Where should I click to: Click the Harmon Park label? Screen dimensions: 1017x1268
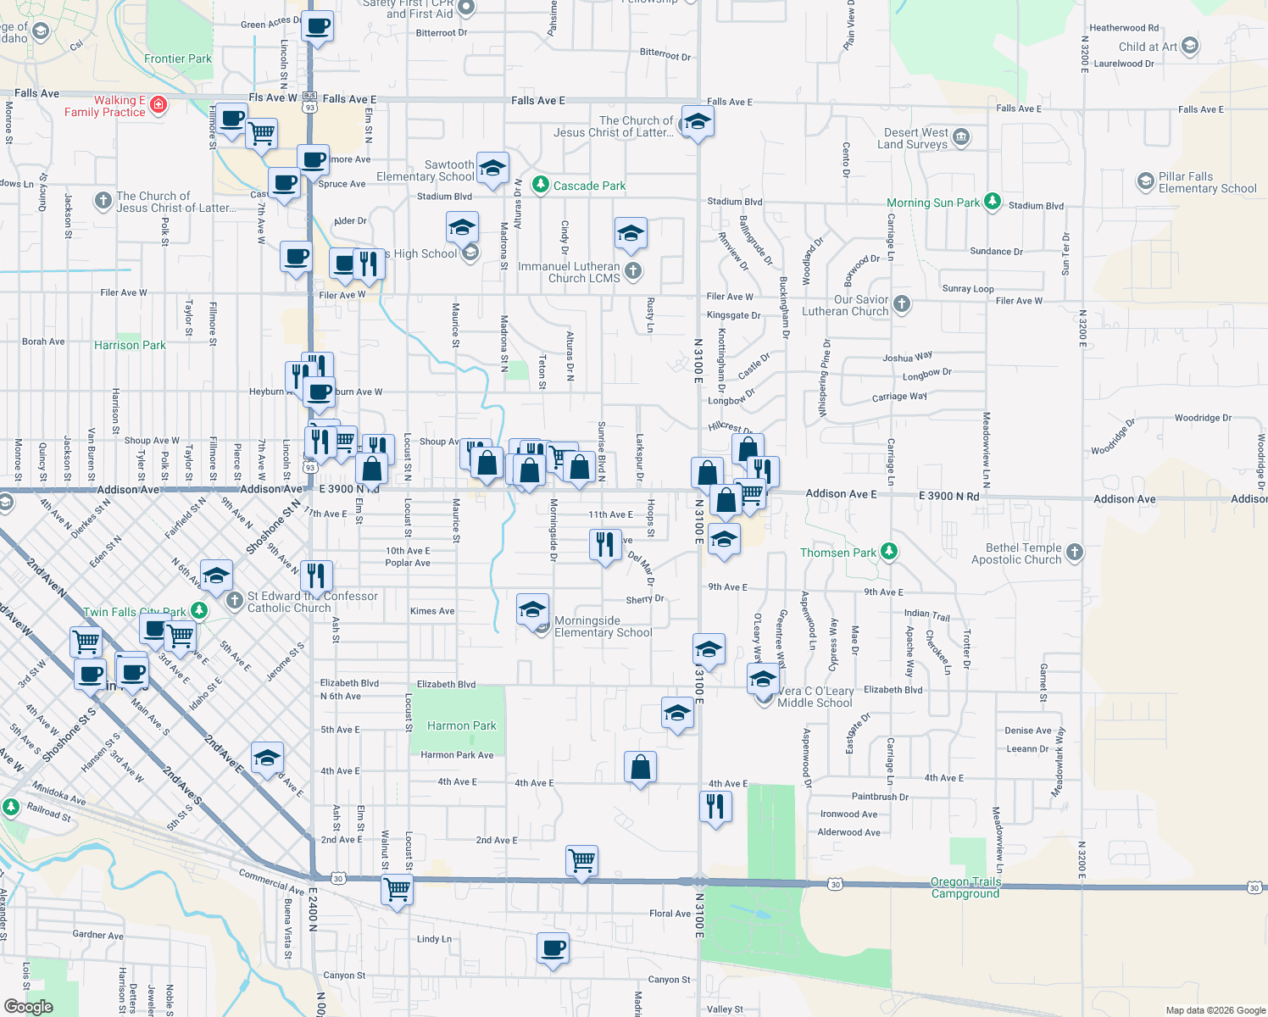pyautogui.click(x=461, y=725)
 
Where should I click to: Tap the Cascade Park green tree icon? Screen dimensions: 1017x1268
pyautogui.click(x=541, y=184)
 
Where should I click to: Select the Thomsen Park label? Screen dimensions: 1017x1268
pyautogui.click(x=838, y=553)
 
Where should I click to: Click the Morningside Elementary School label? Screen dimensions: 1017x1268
pyautogui.click(x=603, y=626)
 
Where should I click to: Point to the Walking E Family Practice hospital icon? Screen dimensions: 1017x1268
pyautogui.click(x=158, y=105)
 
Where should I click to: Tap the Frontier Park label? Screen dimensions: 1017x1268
pyautogui.click(x=178, y=58)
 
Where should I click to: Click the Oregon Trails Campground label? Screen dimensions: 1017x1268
pyautogui.click(x=965, y=887)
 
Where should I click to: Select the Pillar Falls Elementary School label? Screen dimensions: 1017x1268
pyautogui.click(x=1207, y=182)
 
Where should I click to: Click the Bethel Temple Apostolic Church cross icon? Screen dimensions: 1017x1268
pyautogui.click(x=1075, y=553)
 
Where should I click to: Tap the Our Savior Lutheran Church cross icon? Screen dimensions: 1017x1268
pyautogui.click(x=902, y=303)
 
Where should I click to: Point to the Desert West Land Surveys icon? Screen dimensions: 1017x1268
pyautogui.click(x=960, y=137)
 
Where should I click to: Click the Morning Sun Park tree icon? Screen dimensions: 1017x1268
pyautogui.click(x=993, y=203)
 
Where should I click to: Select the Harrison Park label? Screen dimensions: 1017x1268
pyautogui.click(x=130, y=345)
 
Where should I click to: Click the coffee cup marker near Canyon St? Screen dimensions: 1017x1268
pyautogui.click(x=553, y=948)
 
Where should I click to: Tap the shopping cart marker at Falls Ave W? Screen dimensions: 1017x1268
pyautogui.click(x=262, y=132)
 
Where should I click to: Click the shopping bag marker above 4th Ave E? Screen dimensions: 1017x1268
pyautogui.click(x=641, y=767)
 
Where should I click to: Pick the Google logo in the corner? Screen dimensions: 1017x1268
pyautogui.click(x=29, y=1007)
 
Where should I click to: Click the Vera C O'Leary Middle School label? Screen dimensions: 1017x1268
pyautogui.click(x=815, y=697)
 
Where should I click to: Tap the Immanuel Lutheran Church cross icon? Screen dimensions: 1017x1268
pyautogui.click(x=633, y=271)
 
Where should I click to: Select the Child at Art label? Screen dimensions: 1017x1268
pyautogui.click(x=1148, y=47)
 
